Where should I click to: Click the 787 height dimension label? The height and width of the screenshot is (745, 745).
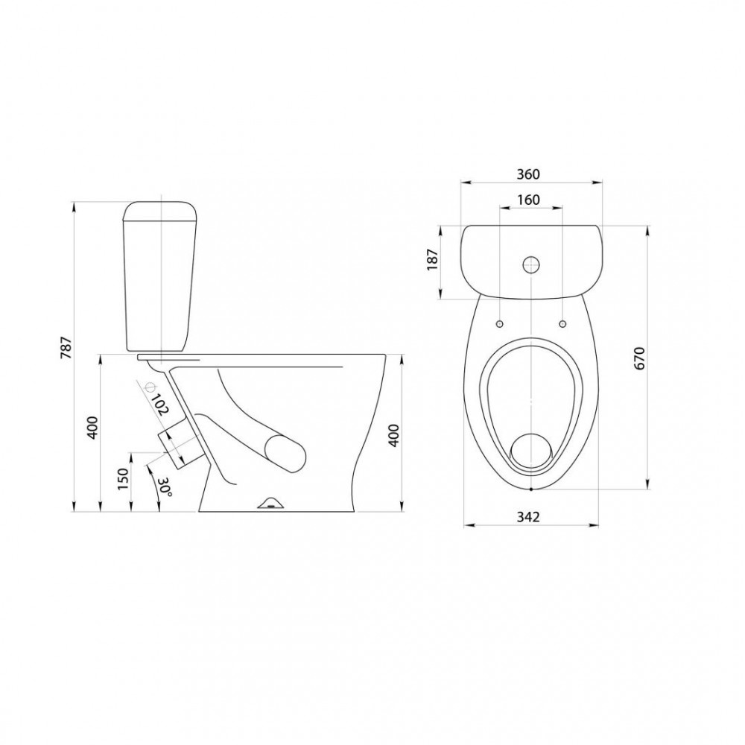(x=67, y=347)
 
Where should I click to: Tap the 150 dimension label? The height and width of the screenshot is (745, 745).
(x=123, y=479)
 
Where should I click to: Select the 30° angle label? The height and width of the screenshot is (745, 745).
(x=165, y=487)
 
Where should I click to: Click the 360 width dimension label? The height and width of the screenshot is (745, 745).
(x=528, y=174)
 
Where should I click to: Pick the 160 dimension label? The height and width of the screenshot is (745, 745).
(x=528, y=200)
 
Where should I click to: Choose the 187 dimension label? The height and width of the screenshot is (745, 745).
(x=433, y=259)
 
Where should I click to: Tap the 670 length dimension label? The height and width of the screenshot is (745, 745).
(x=639, y=358)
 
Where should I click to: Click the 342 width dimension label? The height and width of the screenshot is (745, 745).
(x=528, y=516)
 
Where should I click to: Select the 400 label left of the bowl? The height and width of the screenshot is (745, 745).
(x=92, y=428)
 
